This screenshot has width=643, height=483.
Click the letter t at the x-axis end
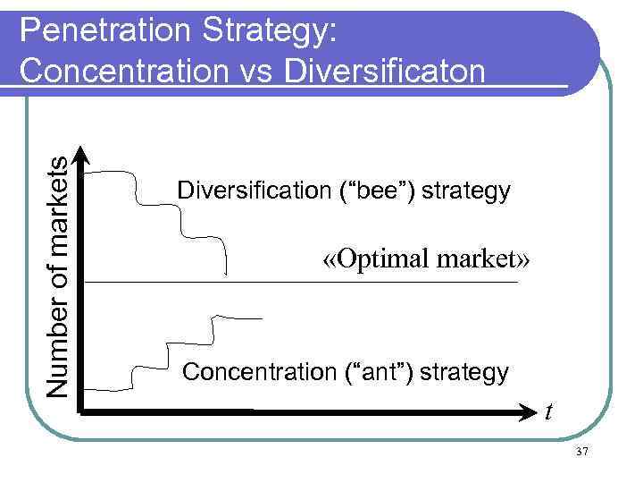tap(549, 412)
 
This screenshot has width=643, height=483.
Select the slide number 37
tap(581, 452)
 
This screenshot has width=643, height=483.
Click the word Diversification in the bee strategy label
tap(254, 191)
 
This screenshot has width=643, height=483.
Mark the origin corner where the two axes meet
tap(82, 412)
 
